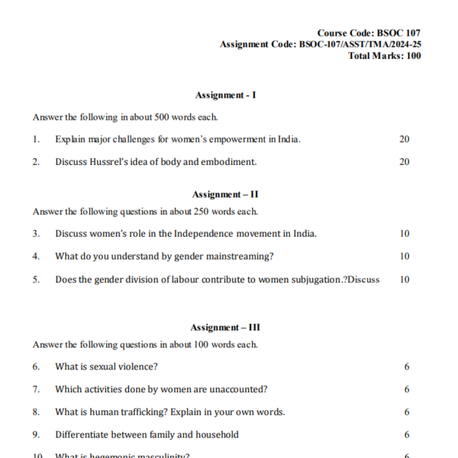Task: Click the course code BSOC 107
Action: tap(398, 33)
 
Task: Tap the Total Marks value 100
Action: tap(413, 55)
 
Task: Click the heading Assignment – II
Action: tap(226, 195)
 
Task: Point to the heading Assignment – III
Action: tap(226, 327)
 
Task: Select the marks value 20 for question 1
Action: tap(404, 139)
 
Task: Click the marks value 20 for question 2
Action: tap(404, 162)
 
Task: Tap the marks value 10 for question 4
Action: tap(404, 256)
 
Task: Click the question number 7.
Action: tap(36, 389)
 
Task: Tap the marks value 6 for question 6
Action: tap(407, 366)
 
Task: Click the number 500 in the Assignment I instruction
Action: tap(167, 118)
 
